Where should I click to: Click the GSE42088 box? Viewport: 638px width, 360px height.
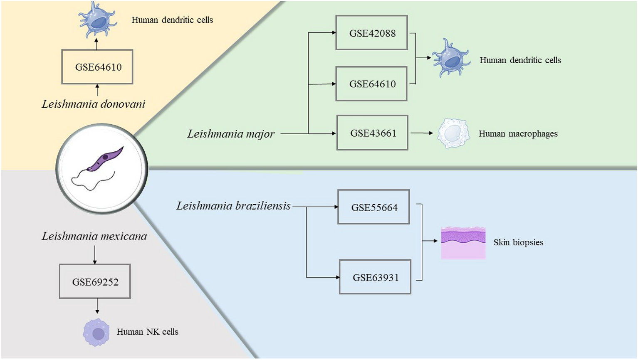(x=371, y=33)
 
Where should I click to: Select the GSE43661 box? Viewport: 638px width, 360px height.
(x=372, y=133)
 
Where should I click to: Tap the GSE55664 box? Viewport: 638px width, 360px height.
(x=373, y=207)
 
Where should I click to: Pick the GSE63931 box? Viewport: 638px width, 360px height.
(x=375, y=277)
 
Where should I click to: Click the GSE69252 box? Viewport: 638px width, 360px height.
(x=95, y=281)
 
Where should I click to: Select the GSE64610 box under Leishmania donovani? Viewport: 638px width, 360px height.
(x=97, y=67)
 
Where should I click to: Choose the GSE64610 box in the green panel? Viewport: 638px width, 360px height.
(x=371, y=84)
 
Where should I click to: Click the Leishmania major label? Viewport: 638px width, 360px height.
(x=231, y=134)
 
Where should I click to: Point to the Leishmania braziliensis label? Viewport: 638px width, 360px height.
(x=233, y=206)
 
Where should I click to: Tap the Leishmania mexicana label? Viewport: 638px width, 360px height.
(x=94, y=236)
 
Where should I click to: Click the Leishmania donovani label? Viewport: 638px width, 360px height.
(x=93, y=104)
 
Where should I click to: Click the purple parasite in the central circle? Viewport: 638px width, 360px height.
(x=105, y=158)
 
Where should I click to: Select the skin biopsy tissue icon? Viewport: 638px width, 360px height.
(x=463, y=243)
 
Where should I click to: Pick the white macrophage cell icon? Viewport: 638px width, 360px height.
(x=453, y=133)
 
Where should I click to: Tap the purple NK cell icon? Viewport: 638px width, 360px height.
(x=96, y=333)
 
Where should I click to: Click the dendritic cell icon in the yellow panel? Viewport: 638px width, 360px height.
(x=97, y=20)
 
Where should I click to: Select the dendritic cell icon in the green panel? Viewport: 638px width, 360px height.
(x=450, y=59)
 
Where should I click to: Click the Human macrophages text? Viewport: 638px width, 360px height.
(x=518, y=134)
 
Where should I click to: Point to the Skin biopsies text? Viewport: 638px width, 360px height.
(x=518, y=242)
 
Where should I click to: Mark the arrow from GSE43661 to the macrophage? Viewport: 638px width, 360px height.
(x=422, y=133)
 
